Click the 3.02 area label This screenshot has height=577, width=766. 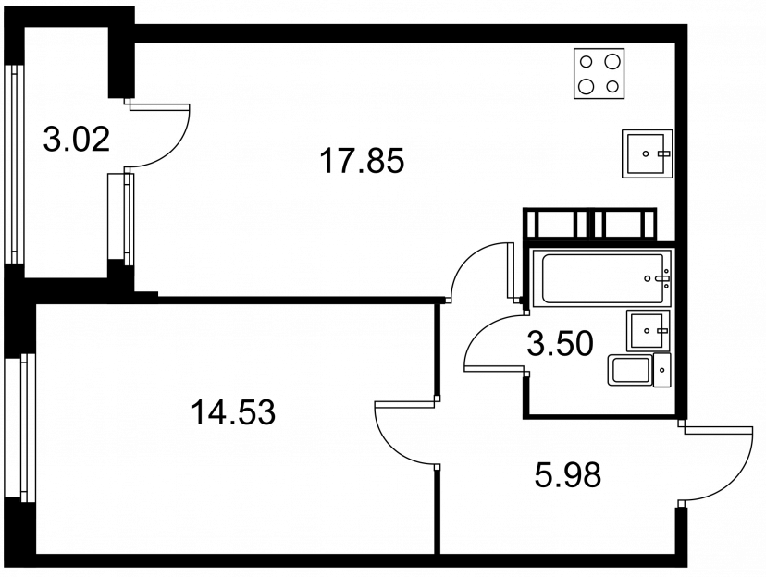click(76, 139)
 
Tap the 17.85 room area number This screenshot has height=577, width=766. click(362, 161)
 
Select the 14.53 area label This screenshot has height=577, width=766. click(233, 412)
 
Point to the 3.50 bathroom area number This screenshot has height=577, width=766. click(561, 343)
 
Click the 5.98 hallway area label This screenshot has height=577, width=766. click(568, 475)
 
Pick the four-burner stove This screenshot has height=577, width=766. click(599, 74)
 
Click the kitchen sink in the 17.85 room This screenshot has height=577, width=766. click(648, 153)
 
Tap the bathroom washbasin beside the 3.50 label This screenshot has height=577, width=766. click(648, 330)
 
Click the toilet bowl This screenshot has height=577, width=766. click(630, 371)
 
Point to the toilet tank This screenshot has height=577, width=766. click(662, 371)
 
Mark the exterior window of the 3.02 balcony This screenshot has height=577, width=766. click(15, 164)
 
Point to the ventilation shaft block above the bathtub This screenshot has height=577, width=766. click(589, 224)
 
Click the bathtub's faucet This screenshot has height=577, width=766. click(662, 278)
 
